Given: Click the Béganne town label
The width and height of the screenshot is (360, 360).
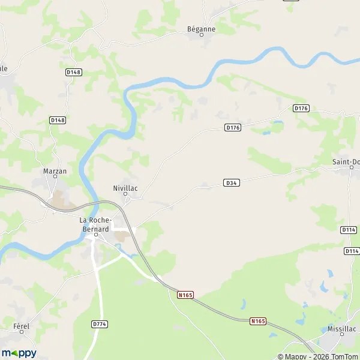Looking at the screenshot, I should [201, 28].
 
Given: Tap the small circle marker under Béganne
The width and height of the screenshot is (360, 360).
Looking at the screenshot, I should [202, 35].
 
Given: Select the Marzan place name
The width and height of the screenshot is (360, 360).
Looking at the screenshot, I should [55, 171].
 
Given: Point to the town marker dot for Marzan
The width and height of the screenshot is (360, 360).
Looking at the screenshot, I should [55, 178].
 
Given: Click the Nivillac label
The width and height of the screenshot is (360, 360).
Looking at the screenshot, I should [125, 187].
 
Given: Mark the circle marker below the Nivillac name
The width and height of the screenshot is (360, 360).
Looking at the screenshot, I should [125, 194].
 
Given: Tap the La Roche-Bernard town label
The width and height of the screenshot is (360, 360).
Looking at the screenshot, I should [95, 224].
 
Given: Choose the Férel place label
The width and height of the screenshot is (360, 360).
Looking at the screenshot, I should [21, 326].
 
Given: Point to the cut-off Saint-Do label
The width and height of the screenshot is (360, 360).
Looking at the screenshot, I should [346, 161].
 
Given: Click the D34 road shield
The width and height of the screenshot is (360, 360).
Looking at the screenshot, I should [232, 182].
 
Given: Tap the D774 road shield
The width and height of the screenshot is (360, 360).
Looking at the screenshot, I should [100, 324].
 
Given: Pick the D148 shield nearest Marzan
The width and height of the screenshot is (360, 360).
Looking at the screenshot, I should [58, 120].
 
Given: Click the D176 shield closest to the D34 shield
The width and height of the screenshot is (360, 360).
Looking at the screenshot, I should [232, 127].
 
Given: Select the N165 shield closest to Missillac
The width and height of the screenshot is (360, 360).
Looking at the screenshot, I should [258, 322].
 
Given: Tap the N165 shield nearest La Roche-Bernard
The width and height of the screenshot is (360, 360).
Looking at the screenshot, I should [185, 295].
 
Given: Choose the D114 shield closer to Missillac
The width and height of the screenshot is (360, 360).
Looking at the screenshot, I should [352, 250].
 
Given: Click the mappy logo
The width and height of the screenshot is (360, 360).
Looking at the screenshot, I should [19, 353].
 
